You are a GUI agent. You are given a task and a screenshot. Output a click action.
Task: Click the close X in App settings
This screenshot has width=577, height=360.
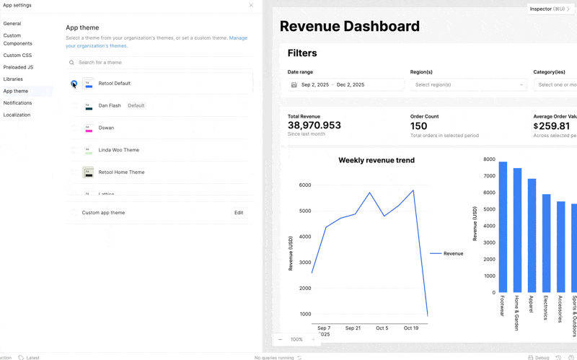point(251,5)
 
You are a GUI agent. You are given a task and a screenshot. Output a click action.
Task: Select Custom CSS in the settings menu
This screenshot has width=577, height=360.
point(17,56)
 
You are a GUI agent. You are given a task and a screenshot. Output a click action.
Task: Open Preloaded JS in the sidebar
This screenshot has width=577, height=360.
point(18,67)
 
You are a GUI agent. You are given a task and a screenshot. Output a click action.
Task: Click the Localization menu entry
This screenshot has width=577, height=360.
point(17,115)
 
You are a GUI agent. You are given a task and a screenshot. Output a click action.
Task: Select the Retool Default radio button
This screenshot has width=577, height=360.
point(74,84)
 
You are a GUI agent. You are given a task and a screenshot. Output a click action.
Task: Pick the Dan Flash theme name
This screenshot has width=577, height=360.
point(110,106)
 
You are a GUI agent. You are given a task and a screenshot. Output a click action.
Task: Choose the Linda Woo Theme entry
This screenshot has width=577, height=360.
point(119,150)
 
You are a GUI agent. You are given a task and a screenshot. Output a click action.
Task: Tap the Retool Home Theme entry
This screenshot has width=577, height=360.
point(121,172)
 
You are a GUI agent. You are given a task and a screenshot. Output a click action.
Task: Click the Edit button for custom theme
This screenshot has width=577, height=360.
point(239,213)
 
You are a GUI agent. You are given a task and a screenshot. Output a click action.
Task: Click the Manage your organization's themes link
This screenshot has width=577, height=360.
point(238,38)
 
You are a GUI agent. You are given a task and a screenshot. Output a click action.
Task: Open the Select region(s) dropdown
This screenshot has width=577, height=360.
point(468,85)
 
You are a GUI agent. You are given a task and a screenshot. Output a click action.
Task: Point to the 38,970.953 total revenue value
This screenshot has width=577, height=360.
point(314,126)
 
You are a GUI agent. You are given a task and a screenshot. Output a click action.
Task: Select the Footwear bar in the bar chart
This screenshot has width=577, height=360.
point(503,227)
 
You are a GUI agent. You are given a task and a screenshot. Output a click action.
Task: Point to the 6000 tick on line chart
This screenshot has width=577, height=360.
point(304,185)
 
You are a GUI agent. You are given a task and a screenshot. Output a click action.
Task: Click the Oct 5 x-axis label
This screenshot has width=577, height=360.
point(382,328)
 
